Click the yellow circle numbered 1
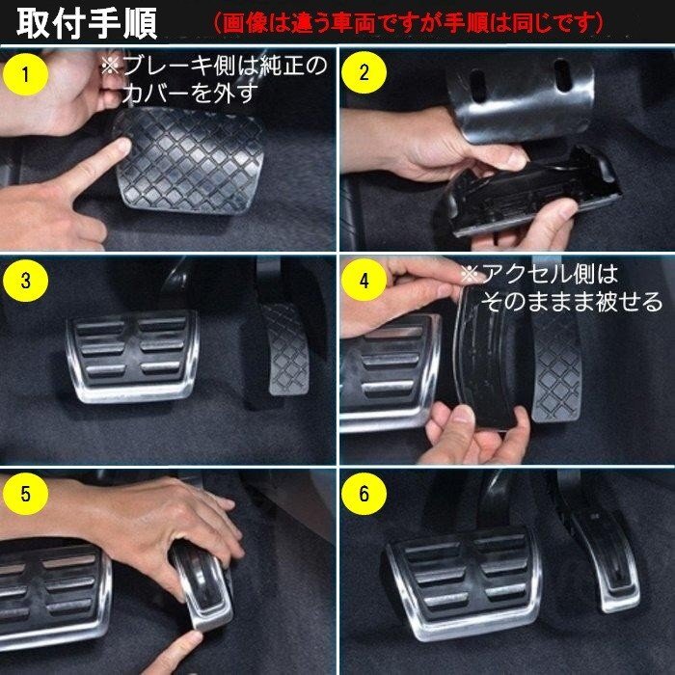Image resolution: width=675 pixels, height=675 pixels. pyautogui.click(x=25, y=74)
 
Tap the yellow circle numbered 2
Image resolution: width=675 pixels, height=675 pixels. pyautogui.click(x=364, y=72)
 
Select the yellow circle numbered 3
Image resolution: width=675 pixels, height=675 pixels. pyautogui.click(x=25, y=281)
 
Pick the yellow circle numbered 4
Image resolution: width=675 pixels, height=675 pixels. pyautogui.click(x=364, y=281)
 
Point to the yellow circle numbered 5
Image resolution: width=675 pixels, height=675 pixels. pyautogui.click(x=25, y=494)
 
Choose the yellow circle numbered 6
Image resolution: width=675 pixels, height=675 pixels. pyautogui.click(x=364, y=494)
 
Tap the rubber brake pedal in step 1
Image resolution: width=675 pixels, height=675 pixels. pyautogui.click(x=189, y=160)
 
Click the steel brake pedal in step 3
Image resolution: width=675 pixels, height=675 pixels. pyautogui.click(x=133, y=356)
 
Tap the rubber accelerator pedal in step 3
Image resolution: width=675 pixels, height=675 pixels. pyautogui.click(x=285, y=349)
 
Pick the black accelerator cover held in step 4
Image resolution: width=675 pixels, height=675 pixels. pyautogui.click(x=484, y=358)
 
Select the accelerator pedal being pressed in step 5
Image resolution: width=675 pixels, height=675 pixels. pyautogui.click(x=203, y=584)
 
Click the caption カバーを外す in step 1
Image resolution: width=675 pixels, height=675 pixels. pyautogui.click(x=190, y=94)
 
